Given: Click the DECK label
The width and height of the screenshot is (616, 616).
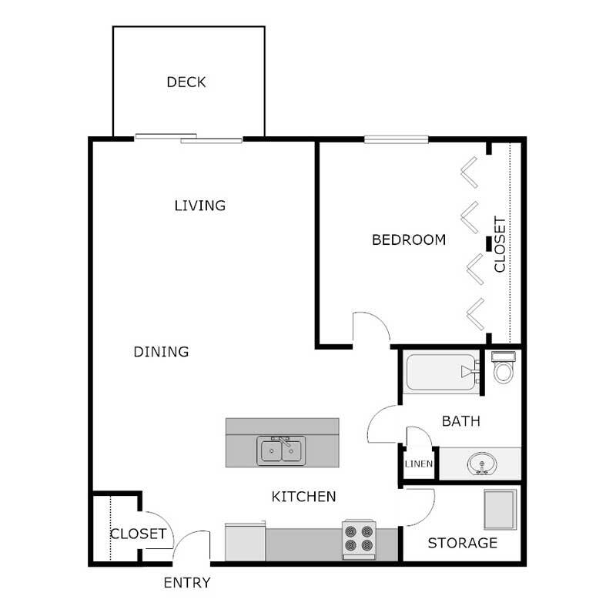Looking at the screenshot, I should [186, 82].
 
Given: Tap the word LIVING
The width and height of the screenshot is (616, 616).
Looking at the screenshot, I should [199, 206].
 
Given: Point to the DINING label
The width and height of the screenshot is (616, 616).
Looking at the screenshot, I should [161, 352].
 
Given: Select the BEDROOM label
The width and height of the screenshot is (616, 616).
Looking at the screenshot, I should [409, 239].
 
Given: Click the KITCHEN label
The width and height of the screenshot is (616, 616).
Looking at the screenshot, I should [304, 497].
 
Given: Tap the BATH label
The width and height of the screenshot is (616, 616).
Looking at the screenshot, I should [461, 421].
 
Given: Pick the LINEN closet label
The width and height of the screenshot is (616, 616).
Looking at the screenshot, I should [419, 464].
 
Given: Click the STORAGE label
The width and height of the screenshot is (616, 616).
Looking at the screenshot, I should [462, 543].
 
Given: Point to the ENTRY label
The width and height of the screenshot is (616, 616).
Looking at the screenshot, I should [187, 583].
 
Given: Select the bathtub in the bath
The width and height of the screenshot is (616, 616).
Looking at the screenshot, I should [439, 373].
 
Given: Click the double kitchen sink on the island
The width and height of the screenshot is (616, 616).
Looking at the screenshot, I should [282, 450].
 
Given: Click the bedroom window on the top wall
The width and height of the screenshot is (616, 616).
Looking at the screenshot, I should [396, 139].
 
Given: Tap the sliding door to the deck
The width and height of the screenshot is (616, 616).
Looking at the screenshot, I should [189, 139].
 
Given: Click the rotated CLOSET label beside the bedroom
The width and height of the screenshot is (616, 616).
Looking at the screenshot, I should [500, 244].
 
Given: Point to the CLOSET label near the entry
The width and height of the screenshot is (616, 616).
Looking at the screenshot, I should [138, 534].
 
